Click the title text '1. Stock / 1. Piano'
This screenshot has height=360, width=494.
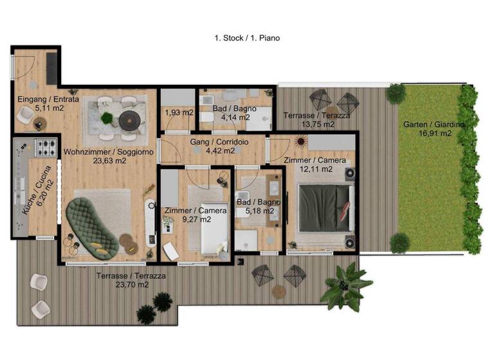click(247, 38)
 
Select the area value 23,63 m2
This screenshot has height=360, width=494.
click(108, 161)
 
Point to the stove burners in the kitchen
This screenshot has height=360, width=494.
click(46, 148)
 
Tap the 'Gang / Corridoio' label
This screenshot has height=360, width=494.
click(212, 142)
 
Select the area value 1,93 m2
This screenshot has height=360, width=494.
click(179, 113)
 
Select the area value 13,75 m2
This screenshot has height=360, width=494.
click(309, 124)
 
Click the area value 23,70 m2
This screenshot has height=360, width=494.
click(131, 283)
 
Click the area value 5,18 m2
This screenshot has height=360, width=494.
click(258, 210)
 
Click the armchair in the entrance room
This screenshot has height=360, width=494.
click(25, 115)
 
